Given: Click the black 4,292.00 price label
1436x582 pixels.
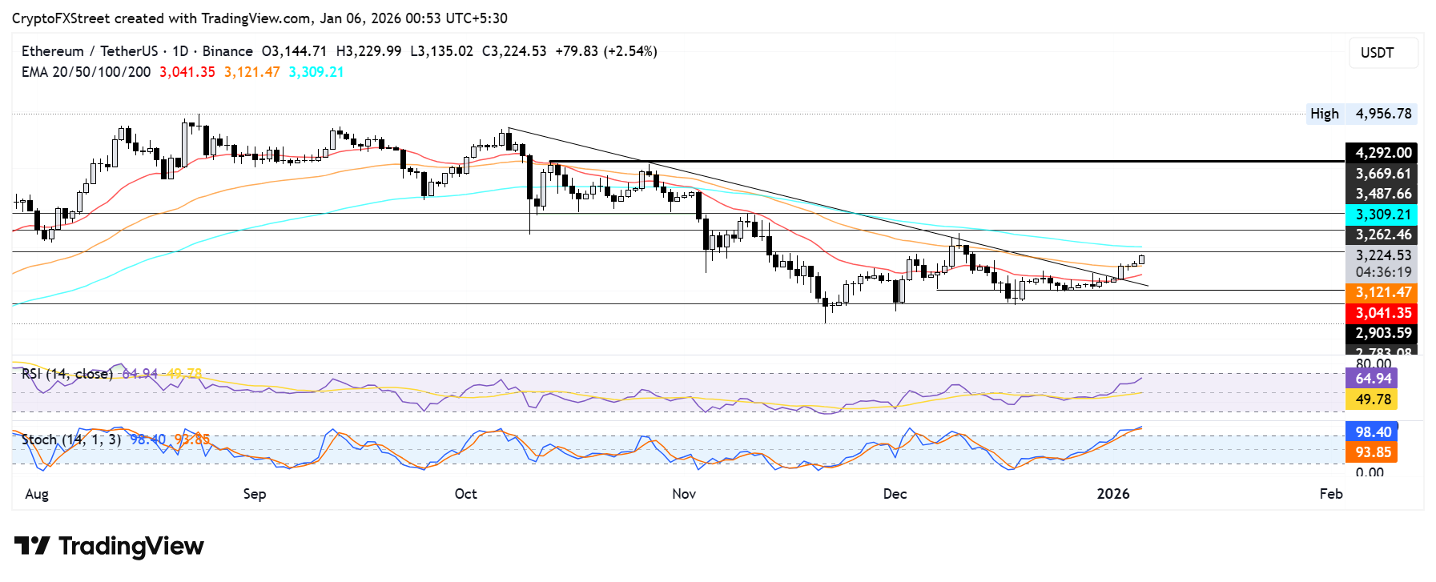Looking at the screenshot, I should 1382,153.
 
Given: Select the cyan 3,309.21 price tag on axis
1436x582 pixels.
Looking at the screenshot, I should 1382,215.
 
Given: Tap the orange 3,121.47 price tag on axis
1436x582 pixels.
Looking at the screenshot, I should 1382,293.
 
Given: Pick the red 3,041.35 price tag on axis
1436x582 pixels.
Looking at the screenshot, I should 1382,313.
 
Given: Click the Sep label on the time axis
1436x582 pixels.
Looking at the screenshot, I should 255,494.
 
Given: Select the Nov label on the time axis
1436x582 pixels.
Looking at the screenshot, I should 684,494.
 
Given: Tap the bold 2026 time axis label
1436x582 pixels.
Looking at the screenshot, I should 1113,494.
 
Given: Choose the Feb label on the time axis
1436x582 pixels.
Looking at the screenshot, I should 1330,494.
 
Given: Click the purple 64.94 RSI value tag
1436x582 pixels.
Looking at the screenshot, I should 1373,379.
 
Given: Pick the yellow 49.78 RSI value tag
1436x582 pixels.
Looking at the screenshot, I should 1373,399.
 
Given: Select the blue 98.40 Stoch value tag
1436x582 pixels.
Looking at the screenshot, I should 1373,432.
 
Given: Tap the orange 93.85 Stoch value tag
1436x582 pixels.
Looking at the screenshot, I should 1373,452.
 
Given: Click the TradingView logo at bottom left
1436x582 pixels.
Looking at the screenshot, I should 110,547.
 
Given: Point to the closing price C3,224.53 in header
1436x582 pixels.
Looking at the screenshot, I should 514,51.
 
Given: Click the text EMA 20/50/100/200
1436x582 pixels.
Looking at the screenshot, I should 86,72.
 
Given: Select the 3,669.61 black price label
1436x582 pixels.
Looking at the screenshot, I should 1382,174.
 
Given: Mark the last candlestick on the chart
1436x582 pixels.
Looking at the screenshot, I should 1141,259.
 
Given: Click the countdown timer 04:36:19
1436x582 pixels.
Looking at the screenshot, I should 1382,272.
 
